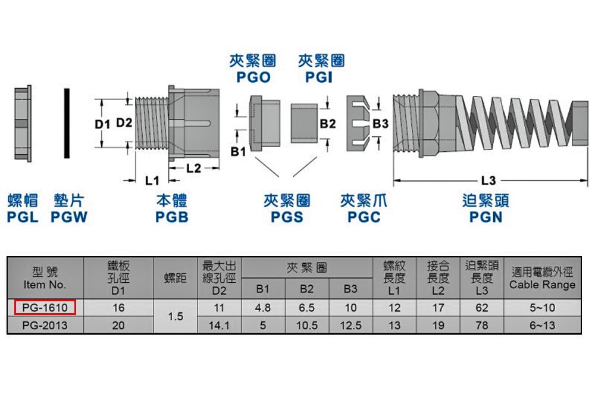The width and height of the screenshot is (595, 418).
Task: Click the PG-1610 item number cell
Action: pyautogui.click(x=45, y=307)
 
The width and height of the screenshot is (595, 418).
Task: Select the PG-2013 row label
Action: pyautogui.click(x=45, y=325)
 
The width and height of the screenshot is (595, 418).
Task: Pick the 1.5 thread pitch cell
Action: pyautogui.click(x=176, y=316)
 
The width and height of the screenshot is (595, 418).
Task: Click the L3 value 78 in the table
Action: pyautogui.click(x=481, y=325)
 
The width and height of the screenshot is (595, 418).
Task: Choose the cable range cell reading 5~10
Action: pyautogui.click(x=542, y=307)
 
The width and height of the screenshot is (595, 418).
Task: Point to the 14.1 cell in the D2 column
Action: pyautogui.click(x=219, y=325)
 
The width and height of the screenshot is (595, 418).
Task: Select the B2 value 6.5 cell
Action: pyautogui.click(x=306, y=307)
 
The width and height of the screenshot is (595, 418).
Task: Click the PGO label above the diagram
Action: pyautogui.click(x=253, y=77)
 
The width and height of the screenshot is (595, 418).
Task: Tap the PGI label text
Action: pyautogui.click(x=319, y=77)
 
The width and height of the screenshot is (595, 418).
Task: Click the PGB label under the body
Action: pyautogui.click(x=172, y=217)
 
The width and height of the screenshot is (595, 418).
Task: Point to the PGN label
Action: pyautogui.click(x=486, y=217)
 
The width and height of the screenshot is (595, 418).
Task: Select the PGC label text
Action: pyautogui.click(x=364, y=217)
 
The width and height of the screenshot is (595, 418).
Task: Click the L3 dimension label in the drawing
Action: pyautogui.click(x=488, y=180)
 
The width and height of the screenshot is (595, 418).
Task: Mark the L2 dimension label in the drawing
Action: pyautogui.click(x=193, y=168)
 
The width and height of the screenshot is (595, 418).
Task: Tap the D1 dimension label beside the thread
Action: pyautogui.click(x=102, y=124)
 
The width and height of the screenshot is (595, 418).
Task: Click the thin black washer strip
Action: pyautogui.click(x=67, y=123)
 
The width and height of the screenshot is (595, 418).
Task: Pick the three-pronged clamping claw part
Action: pyautogui.click(x=358, y=124)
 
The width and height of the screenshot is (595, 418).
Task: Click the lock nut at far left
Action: pyautogui.click(x=23, y=123)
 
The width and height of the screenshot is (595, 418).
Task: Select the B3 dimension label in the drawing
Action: pyautogui.click(x=380, y=124)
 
